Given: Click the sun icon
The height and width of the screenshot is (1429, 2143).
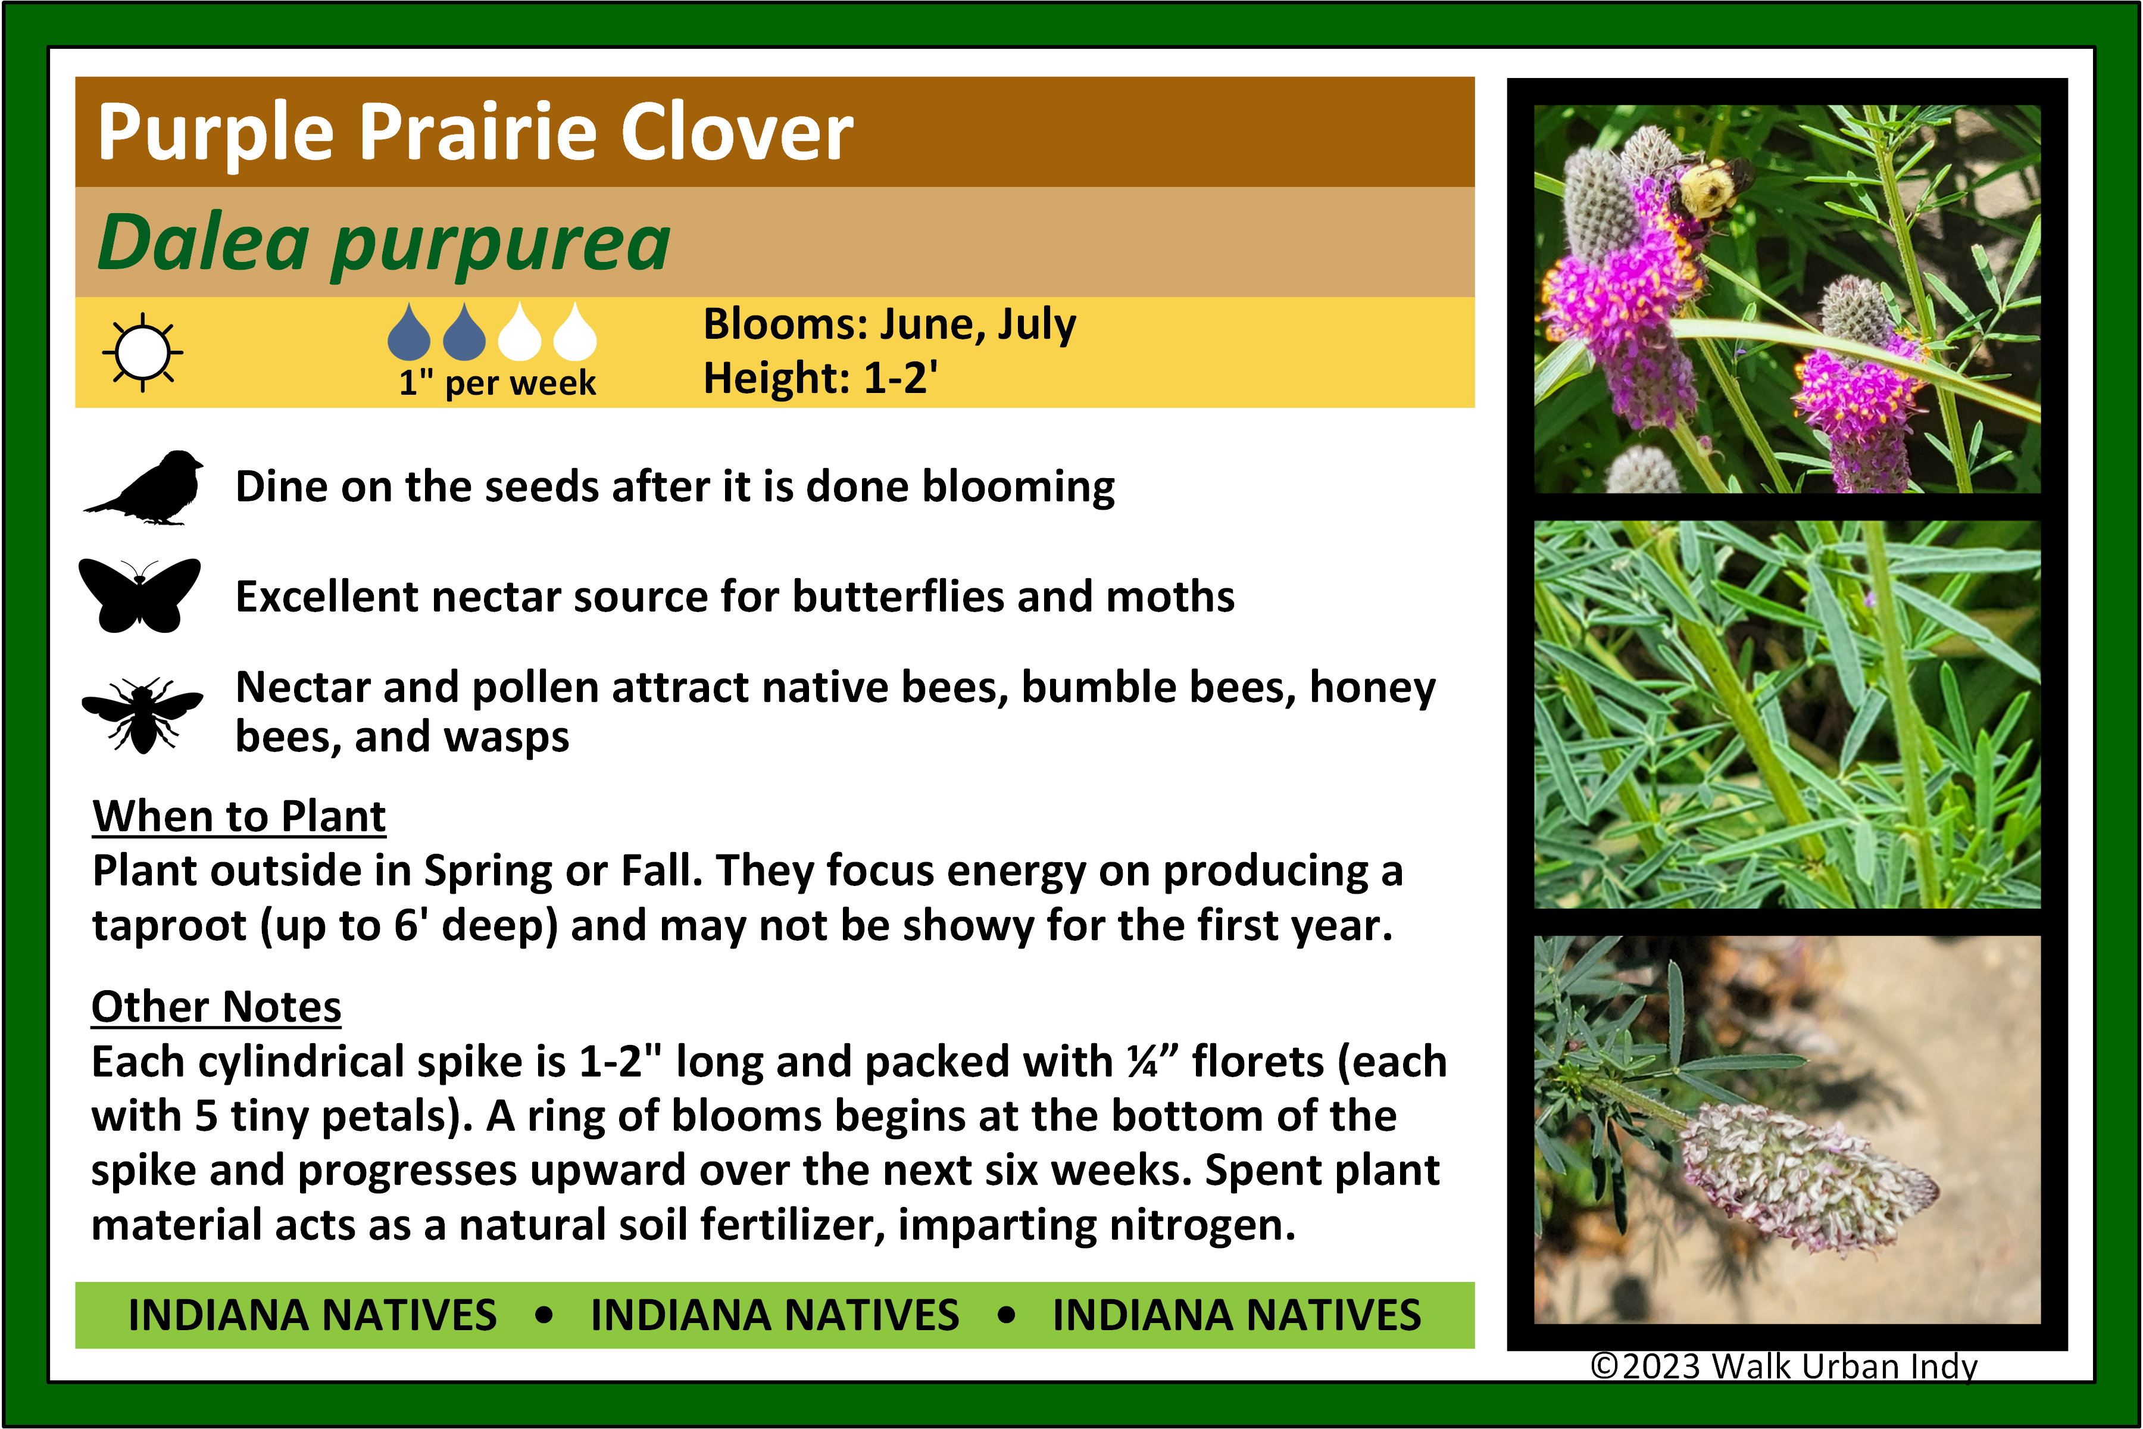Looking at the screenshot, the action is coord(142,352).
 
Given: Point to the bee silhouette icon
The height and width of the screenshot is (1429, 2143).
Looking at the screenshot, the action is coord(142,716).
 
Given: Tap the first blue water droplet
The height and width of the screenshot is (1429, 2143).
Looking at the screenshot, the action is coord(409,331).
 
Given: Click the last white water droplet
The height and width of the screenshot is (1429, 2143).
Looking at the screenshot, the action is coord(575,331).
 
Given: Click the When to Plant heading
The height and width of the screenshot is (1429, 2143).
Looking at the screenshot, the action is coord(240,816).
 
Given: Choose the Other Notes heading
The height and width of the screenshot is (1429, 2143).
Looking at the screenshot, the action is coord(217,1007).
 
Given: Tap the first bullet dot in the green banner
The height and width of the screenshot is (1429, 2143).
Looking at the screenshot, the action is coord(545,1315).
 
